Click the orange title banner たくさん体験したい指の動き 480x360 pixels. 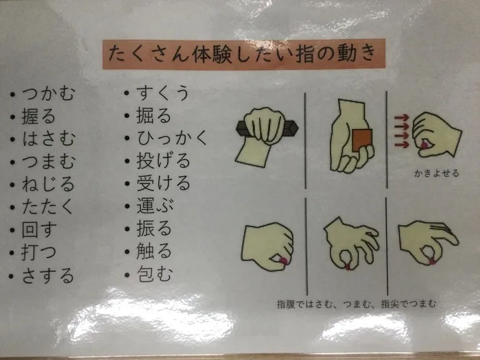pos(243,54)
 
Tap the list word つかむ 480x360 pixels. pos(49,93)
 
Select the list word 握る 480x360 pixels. pos(38,117)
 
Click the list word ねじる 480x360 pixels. pos(48,184)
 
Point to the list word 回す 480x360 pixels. pos(39,230)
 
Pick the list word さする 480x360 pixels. pos(48,275)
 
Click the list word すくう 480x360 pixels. pos(163,93)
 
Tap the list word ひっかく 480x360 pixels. pos(172,138)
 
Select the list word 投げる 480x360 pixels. pos(163,160)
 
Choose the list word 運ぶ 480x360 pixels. pos(155,206)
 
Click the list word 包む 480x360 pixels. pos(154,274)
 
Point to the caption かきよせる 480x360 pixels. pos(437,173)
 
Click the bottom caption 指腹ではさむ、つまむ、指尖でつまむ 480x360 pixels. pos(357,304)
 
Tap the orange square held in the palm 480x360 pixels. pos(362,140)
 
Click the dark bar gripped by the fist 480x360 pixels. pos(267,129)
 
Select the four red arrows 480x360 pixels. pos(402,131)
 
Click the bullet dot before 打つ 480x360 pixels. pos(12,253)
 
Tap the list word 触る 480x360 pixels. pos(154,251)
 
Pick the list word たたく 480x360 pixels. pos(47,207)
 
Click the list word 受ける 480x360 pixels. pos(163,183)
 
